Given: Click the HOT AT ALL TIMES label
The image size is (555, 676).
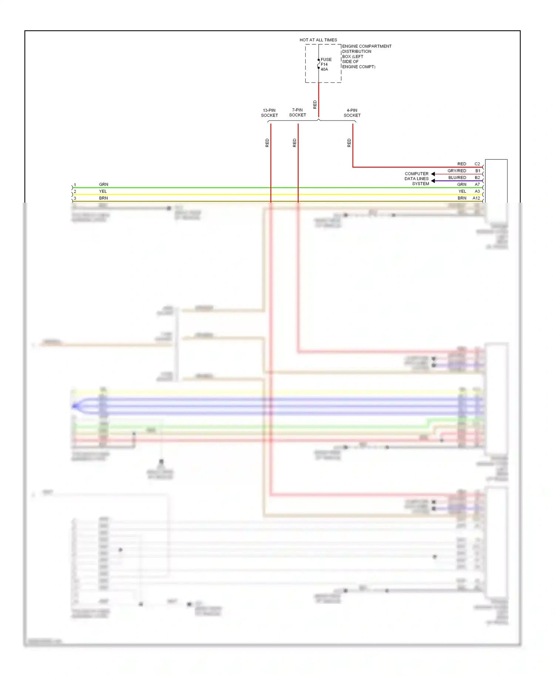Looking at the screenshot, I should tap(318, 40).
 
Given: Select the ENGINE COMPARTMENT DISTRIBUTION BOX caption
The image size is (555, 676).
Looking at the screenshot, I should tap(366, 57).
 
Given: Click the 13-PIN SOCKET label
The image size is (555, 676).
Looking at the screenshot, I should tap(269, 113).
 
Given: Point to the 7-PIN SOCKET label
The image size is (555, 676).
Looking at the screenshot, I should tap(297, 112).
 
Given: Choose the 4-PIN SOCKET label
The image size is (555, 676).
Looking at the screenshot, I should tap(352, 113).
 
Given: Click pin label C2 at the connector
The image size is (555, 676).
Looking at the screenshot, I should tap(477, 164).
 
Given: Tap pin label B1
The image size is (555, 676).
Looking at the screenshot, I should tap(478, 171).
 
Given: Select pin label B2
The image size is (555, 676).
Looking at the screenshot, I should tap(477, 178).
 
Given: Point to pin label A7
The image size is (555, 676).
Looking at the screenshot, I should tap(477, 185).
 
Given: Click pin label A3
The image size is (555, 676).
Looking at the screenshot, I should tap(477, 191).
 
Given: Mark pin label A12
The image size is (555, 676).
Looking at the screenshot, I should tap(476, 198).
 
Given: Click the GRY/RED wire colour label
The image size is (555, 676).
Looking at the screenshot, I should tap(457, 171).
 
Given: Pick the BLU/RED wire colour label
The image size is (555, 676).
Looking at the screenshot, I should tap(457, 178).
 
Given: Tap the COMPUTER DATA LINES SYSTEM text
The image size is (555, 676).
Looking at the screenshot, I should tap(417, 179).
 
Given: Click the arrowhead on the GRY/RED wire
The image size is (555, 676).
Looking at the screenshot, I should tap(433, 174).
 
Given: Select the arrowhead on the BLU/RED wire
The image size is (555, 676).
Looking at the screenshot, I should tap(433, 181).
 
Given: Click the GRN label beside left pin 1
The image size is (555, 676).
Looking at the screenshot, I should tap(104, 185).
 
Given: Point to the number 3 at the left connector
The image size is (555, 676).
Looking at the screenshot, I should tap(75, 198).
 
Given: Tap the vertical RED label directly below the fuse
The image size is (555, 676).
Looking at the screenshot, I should tap(315, 105).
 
